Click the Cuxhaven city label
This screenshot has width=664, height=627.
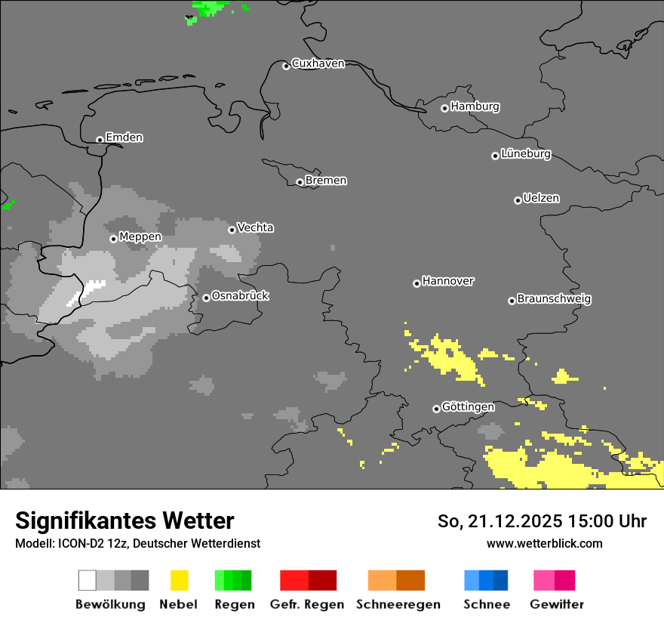tap(318, 63)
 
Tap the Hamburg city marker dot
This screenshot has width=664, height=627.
tap(444, 108)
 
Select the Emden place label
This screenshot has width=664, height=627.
tap(124, 137)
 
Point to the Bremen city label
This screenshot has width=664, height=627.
tap(326, 181)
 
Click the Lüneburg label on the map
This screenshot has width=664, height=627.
tap(525, 154)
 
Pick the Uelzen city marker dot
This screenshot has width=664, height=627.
tap(518, 200)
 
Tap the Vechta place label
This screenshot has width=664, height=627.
tap(255, 227)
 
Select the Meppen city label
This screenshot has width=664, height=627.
tap(140, 237)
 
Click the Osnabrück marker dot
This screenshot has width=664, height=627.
tap(206, 298)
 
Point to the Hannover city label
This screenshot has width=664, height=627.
tap(448, 281)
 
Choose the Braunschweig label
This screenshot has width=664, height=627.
tap(554, 299)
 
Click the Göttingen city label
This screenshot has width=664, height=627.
tap(468, 407)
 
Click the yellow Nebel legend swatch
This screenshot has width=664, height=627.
tap(179, 580)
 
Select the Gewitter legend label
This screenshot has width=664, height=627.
tap(556, 604)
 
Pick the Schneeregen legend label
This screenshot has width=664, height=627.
tap(398, 604)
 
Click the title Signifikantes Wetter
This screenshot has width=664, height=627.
tap(124, 520)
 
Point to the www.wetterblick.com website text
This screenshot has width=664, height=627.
tap(544, 543)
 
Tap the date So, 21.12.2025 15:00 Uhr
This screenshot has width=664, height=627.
tap(542, 521)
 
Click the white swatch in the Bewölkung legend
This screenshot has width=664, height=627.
tap(87, 580)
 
